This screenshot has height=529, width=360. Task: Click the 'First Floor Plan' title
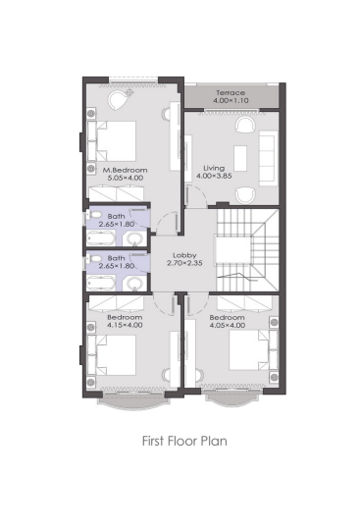[184, 441]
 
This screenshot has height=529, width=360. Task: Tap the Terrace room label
[231, 92]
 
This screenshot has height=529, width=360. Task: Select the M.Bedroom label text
[125, 170]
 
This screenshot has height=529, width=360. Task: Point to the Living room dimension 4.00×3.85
[214, 176]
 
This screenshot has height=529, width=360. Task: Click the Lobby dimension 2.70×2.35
[184, 263]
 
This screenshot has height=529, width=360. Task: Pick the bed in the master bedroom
[112, 141]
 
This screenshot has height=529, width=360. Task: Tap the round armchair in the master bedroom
[117, 99]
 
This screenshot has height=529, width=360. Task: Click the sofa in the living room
[269, 159]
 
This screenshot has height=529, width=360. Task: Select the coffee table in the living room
[240, 158]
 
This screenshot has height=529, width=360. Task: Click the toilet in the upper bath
[94, 215]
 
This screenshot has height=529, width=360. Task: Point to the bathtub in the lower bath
[101, 283]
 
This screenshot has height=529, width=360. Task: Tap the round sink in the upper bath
[134, 238]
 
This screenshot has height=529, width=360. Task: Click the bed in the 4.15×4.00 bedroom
[112, 355]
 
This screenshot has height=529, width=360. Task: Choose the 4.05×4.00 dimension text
[228, 325]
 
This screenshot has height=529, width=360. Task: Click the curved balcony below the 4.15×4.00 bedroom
[133, 402]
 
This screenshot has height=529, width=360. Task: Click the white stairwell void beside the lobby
[233, 249]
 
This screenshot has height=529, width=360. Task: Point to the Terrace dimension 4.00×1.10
[231, 100]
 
